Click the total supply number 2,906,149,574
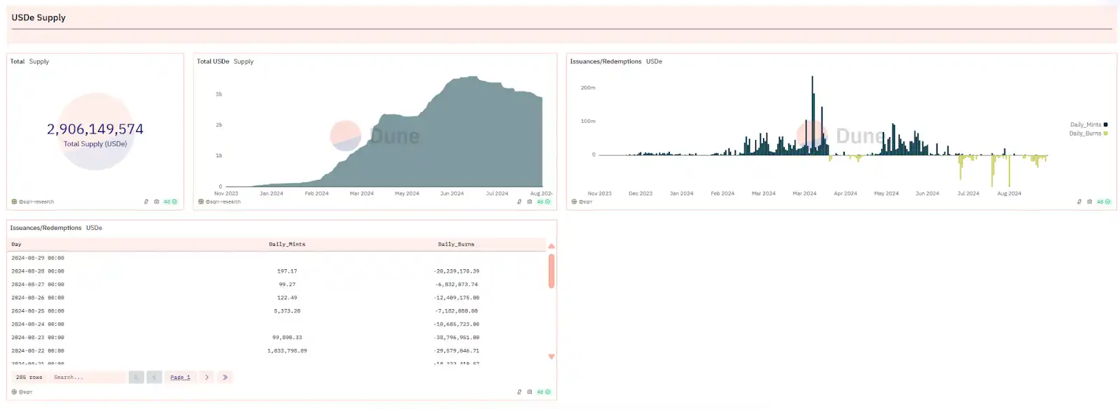(95, 129)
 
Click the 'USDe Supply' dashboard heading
(38, 17)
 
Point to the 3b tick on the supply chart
(219, 94)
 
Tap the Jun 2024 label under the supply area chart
(451, 194)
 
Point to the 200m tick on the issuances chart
(588, 88)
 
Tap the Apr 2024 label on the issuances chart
(845, 194)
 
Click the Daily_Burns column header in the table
(456, 245)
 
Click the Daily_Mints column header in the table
(287, 245)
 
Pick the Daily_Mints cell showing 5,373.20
(287, 311)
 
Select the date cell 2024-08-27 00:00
(38, 285)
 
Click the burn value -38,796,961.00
(456, 338)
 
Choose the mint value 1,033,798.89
(287, 351)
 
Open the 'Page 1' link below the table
(180, 378)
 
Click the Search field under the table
(87, 378)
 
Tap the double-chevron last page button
(225, 378)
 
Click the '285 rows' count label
(29, 378)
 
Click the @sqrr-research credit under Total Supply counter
(36, 202)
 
